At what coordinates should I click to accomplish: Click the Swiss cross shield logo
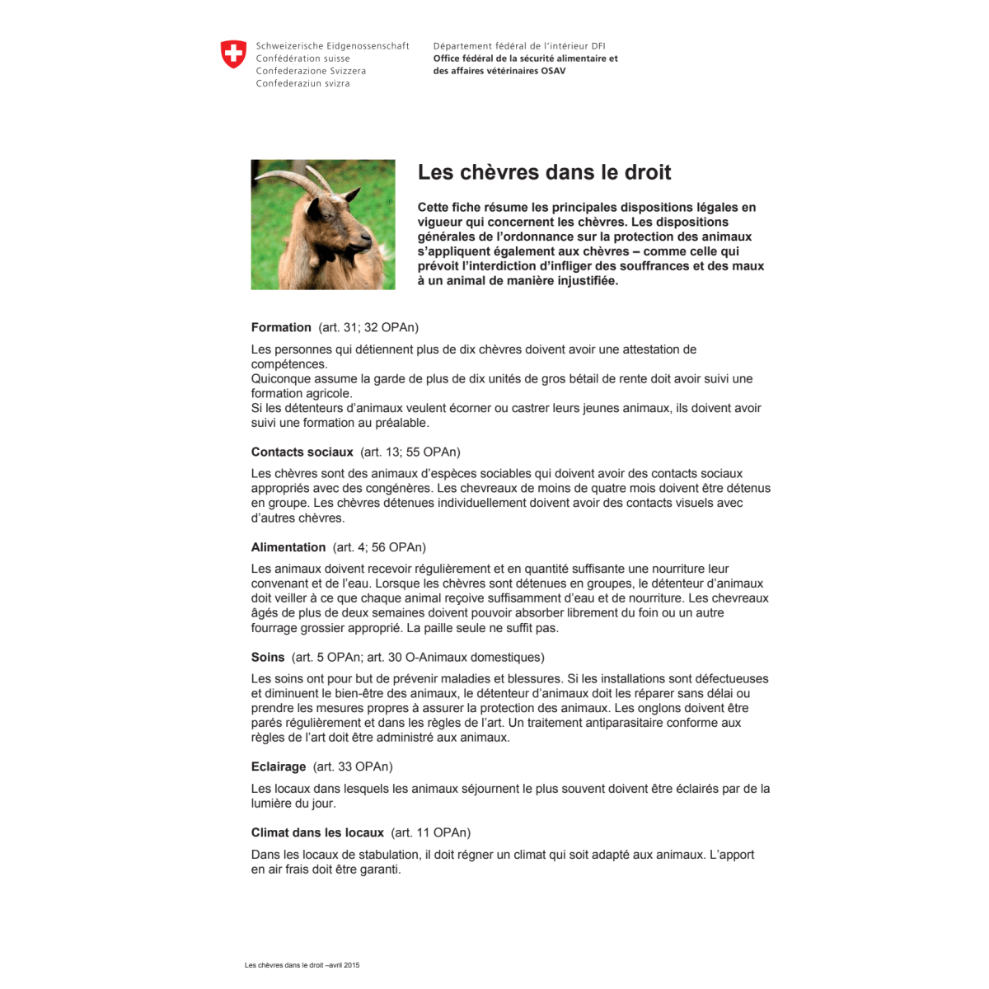pos(234,55)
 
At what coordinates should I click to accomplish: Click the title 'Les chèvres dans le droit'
pos(544,172)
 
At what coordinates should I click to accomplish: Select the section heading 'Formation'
pos(281,327)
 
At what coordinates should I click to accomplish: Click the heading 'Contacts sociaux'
pos(302,452)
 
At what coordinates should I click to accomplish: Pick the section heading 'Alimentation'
pos(288,547)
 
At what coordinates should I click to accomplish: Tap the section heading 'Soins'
pos(268,658)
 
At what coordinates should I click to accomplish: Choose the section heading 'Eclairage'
pos(279,767)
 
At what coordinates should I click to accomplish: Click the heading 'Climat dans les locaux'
pos(317,832)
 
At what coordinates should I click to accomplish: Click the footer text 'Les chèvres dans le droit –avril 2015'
pos(302,964)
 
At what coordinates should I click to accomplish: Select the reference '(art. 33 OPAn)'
pos(353,767)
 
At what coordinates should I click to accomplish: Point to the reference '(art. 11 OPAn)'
pos(431,832)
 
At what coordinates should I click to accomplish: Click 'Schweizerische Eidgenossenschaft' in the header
pos(332,46)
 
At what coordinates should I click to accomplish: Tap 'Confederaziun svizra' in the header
pos(302,83)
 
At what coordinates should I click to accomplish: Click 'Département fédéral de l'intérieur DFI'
pos(519,46)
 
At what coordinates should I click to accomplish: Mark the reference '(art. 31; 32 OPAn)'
pos(368,327)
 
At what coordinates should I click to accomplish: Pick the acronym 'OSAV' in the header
pos(553,71)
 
